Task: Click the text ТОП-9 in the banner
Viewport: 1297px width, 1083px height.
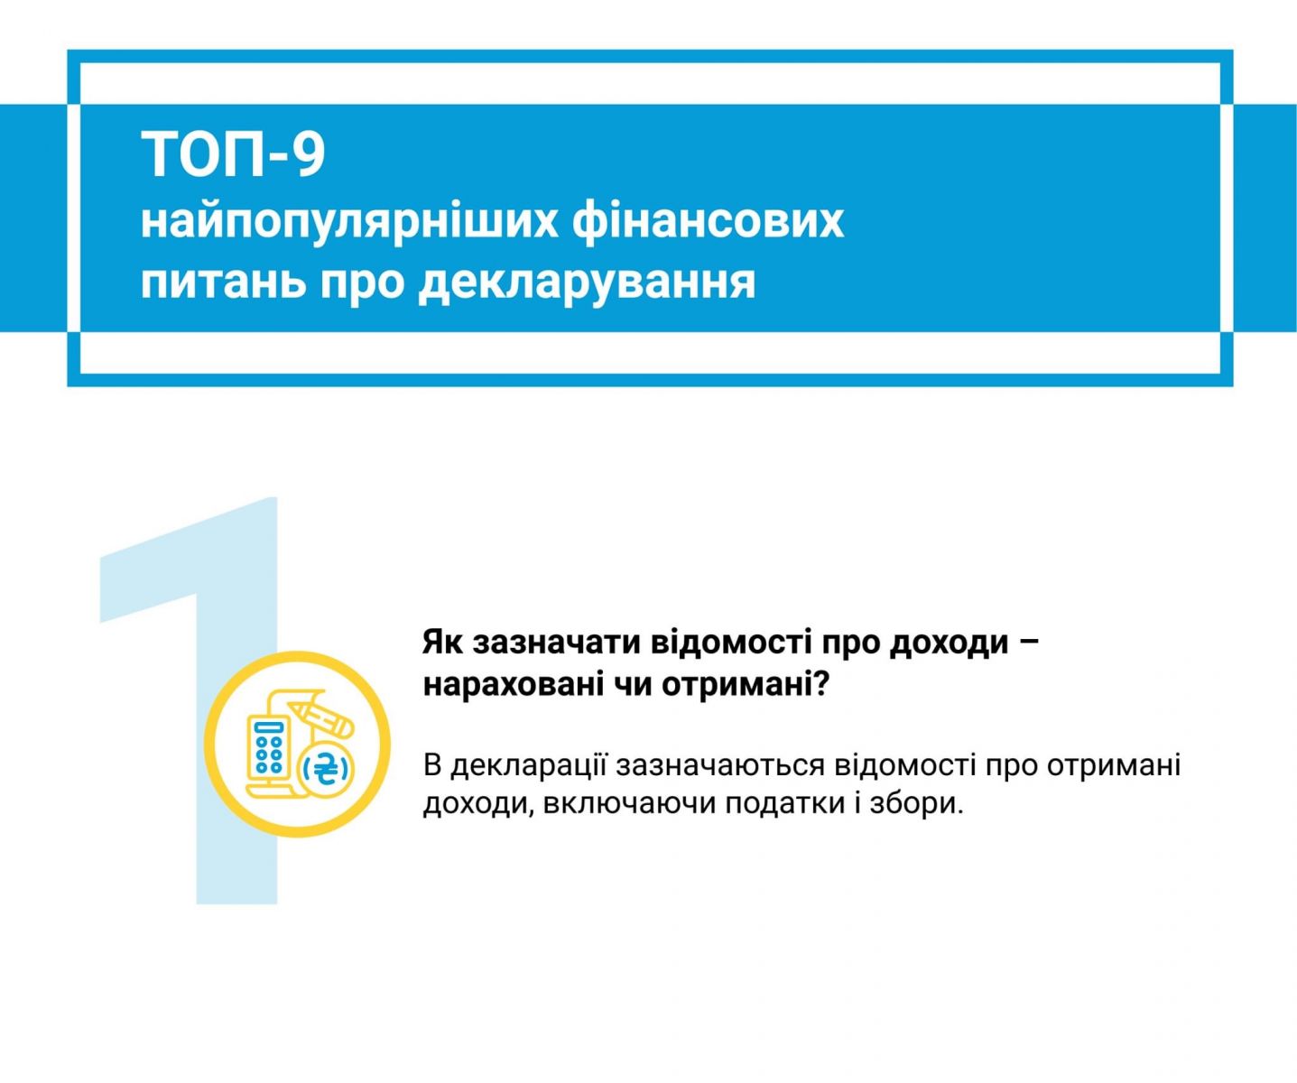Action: point(233,154)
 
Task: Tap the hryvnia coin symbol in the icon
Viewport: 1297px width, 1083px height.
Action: point(327,771)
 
